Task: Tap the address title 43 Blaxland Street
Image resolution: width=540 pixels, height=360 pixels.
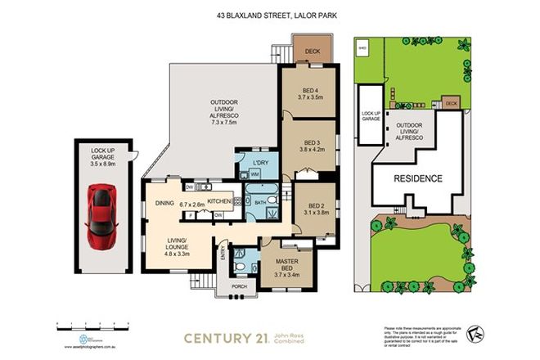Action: (270, 13)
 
